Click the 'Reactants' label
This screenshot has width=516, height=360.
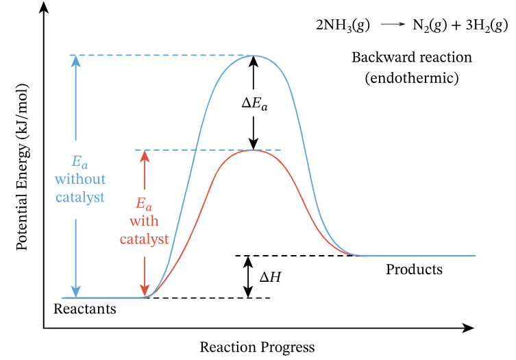tap(85, 309)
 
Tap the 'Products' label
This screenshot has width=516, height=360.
tap(414, 269)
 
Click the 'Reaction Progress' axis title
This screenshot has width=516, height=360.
tap(257, 347)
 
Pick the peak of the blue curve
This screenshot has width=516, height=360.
tap(254, 56)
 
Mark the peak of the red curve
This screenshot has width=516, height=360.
tap(254, 149)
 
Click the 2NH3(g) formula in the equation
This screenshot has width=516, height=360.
tap(343, 25)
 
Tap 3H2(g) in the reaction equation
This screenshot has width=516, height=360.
tap(485, 25)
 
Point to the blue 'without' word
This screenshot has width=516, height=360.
tap(80, 180)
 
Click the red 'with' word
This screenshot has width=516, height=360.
tap(144, 221)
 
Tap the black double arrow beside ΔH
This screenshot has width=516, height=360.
tap(245, 277)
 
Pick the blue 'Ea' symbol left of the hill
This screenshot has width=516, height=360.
tap(80, 163)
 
